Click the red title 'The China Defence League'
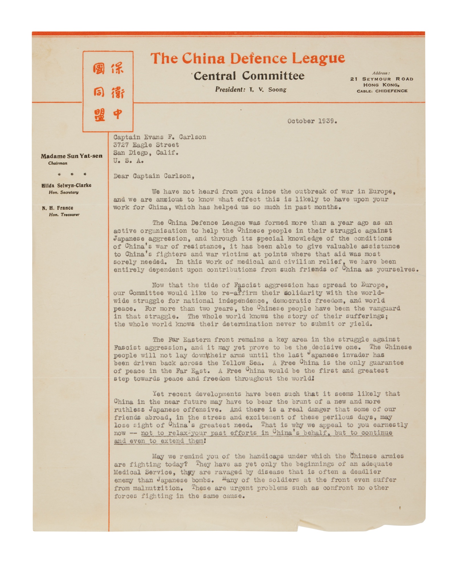pos(247,58)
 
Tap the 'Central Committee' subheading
pos(249,76)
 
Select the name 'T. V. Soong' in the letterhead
pos(268,90)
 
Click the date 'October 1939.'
pos(312,121)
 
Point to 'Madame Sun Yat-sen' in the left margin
pos(71,156)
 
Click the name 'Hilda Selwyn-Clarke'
pos(66,186)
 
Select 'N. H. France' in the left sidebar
pos(58,208)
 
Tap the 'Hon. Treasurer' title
pos(64,215)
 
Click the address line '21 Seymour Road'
pos(382,79)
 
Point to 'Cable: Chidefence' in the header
pos(382,91)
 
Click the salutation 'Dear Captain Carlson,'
pos(154,176)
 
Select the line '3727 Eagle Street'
pos(146,145)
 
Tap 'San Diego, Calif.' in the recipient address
pos(146,153)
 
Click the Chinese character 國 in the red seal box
pos(99,69)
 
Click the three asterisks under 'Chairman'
pos(72,174)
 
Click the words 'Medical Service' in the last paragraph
pos(143,472)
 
